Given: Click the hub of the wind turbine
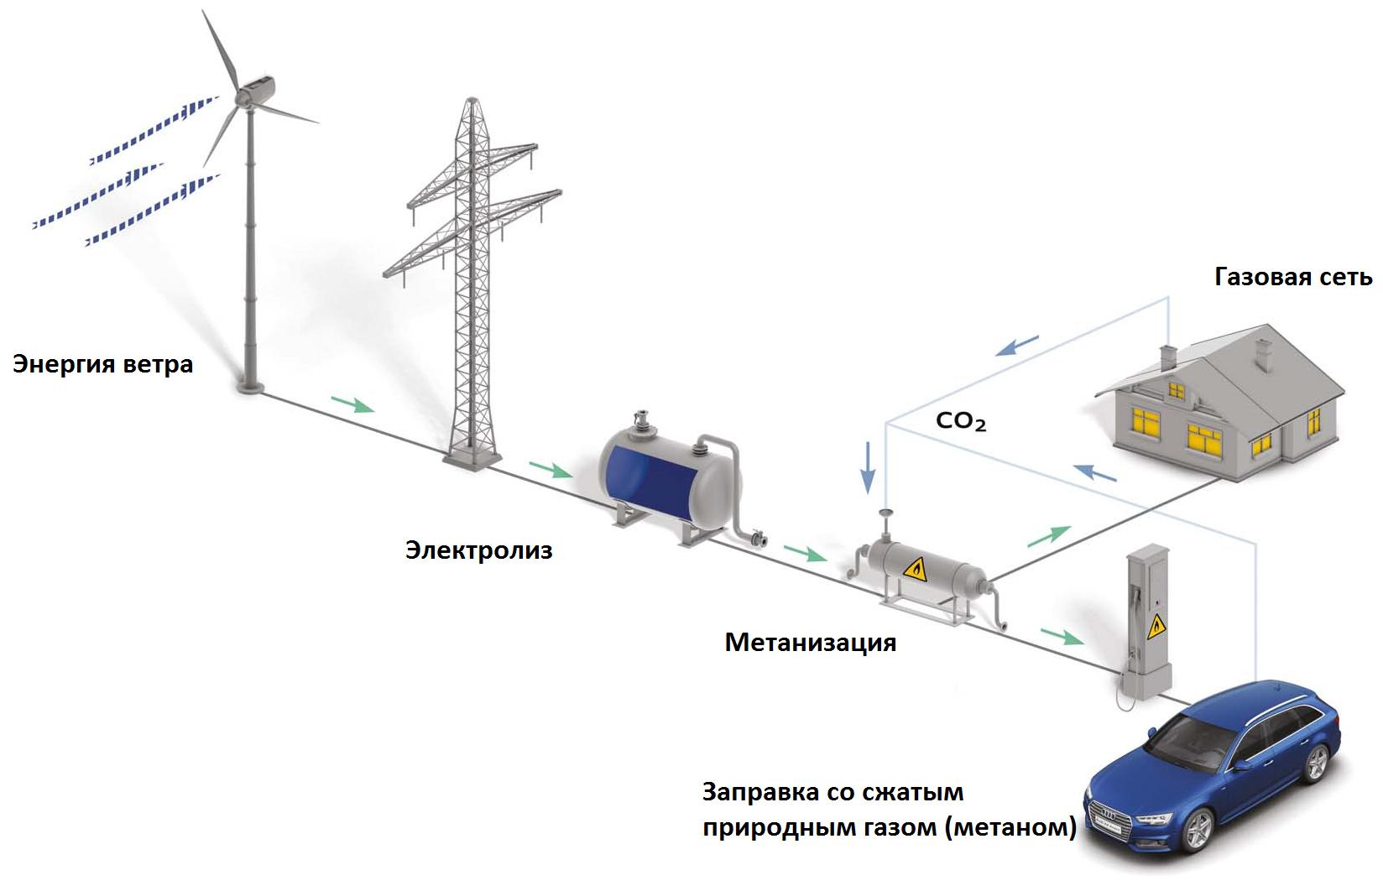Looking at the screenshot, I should pyautogui.click(x=245, y=96).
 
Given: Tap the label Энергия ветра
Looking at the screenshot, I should pyautogui.click(x=102, y=364).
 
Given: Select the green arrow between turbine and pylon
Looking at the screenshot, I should pyautogui.click(x=352, y=405).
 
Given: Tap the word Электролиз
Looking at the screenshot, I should pyautogui.click(x=478, y=550).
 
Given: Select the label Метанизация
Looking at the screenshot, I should pyautogui.click(x=810, y=643).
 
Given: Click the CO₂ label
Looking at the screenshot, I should pyautogui.click(x=961, y=421).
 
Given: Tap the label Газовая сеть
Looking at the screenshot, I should pyautogui.click(x=1293, y=277).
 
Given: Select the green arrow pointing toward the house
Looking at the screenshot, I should pyautogui.click(x=1049, y=535).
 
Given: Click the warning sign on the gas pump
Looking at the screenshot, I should pyautogui.click(x=1156, y=623).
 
